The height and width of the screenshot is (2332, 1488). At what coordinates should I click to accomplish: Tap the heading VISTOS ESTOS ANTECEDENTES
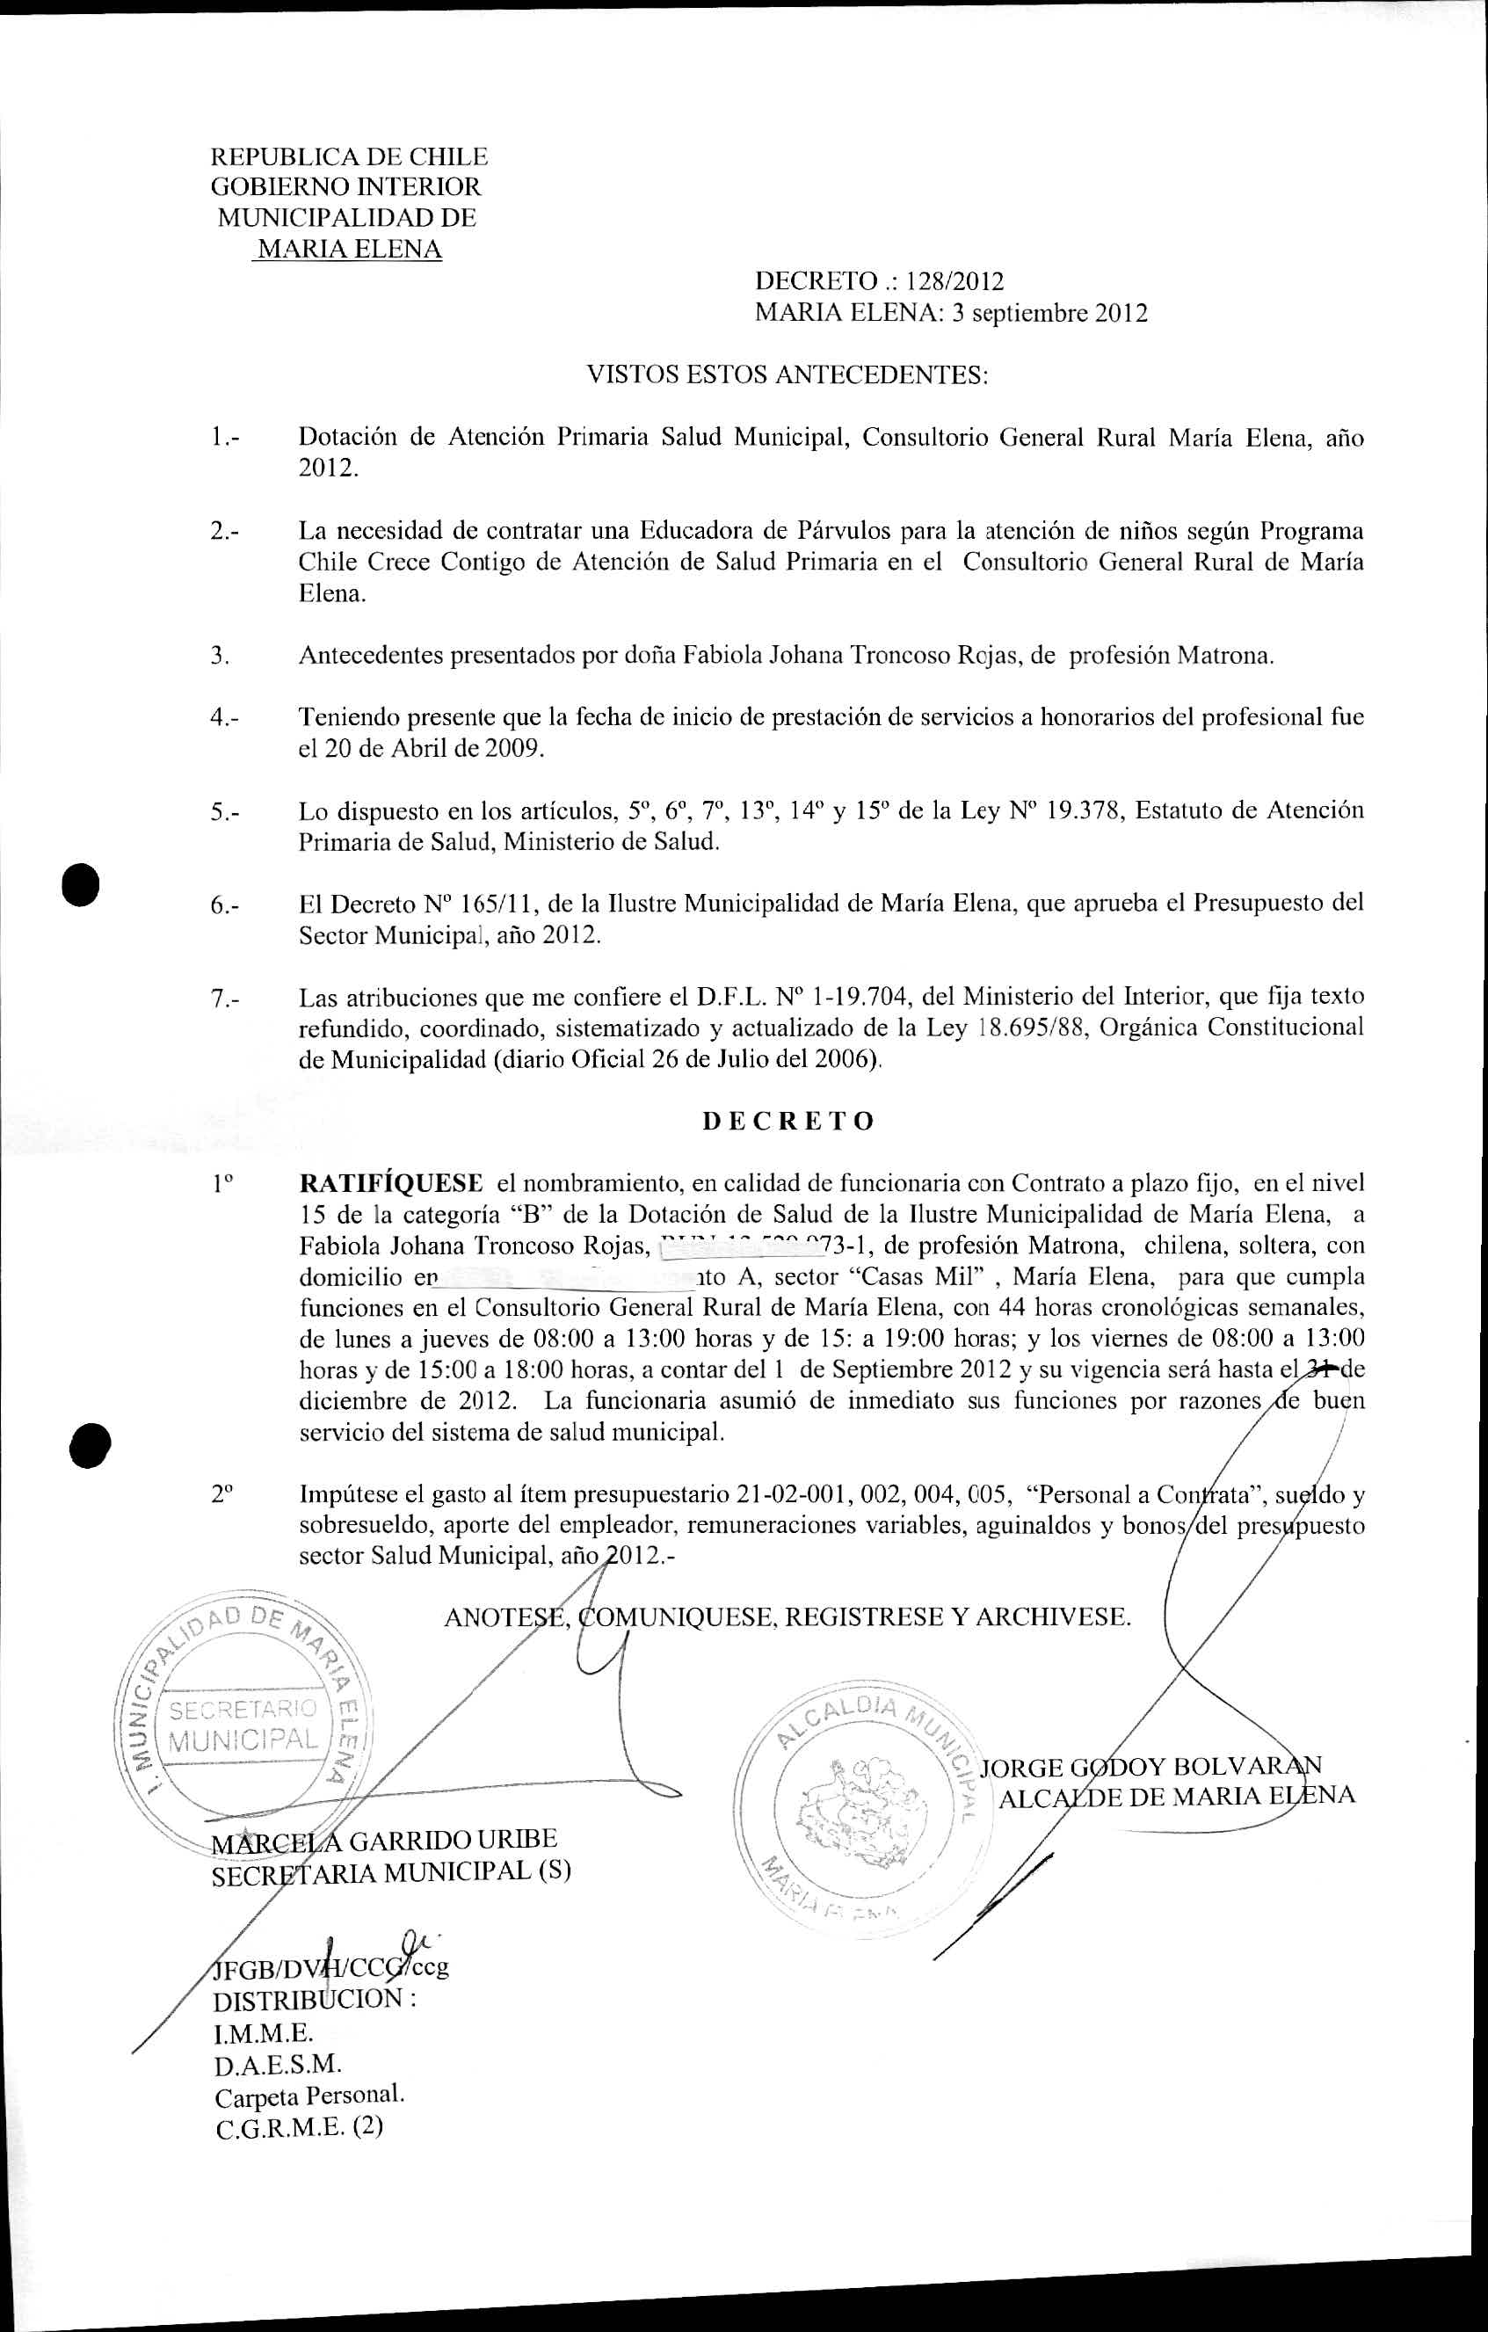tap(788, 374)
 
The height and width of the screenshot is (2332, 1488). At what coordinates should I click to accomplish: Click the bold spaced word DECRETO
tap(788, 1122)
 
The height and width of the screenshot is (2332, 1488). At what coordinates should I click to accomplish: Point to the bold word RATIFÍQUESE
tap(391, 1183)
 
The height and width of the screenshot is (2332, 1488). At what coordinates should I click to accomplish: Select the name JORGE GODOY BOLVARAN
tap(1150, 1767)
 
